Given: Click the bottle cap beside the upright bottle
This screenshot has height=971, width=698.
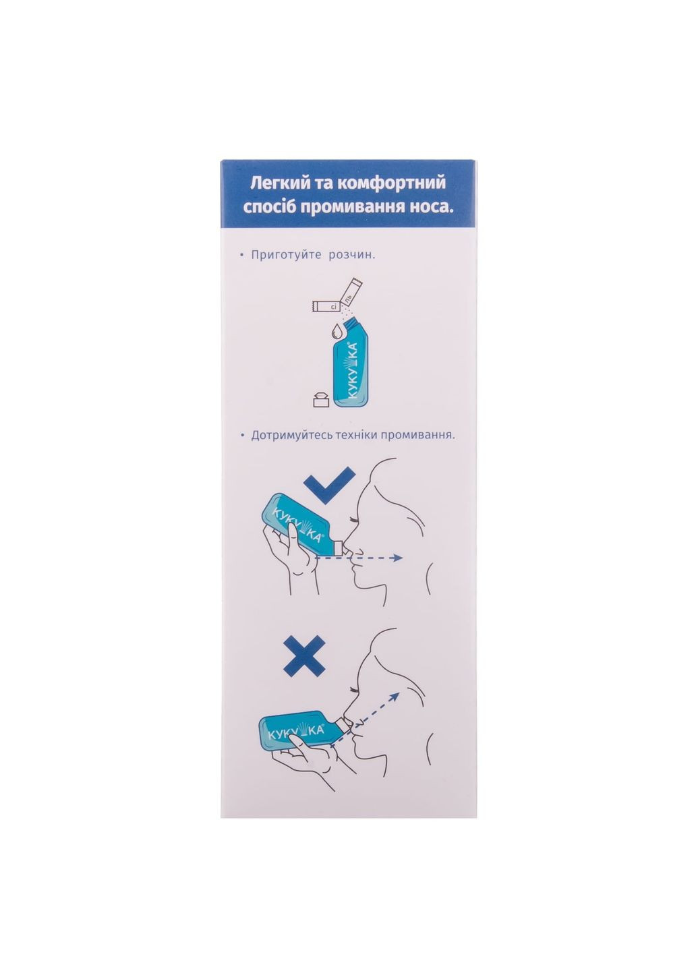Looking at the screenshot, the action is click(321, 399).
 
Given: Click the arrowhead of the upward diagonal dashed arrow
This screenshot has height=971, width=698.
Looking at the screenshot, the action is click(395, 706).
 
